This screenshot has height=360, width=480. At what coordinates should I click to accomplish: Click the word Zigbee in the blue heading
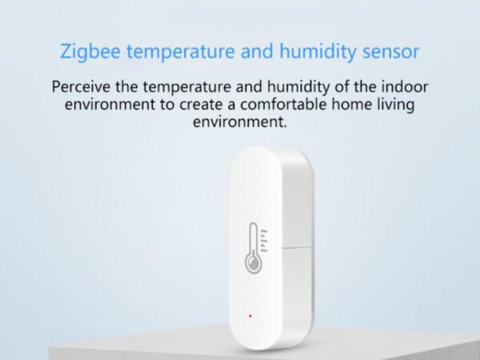[90, 51]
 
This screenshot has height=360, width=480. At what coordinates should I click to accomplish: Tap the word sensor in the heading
[391, 51]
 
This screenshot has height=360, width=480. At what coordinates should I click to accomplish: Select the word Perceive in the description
[81, 86]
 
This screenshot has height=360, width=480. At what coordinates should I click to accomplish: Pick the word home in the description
[351, 104]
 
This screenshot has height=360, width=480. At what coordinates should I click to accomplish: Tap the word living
[395, 106]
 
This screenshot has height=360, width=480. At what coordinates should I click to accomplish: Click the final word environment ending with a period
[240, 122]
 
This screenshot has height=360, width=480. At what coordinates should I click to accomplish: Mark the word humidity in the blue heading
[318, 51]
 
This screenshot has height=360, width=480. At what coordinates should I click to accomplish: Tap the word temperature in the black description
[187, 87]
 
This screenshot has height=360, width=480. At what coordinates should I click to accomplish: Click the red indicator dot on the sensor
[250, 316]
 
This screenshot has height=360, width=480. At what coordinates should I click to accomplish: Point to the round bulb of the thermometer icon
[253, 262]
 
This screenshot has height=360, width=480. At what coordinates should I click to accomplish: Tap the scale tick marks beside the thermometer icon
[264, 241]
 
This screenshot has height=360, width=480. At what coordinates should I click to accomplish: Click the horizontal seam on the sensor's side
[296, 247]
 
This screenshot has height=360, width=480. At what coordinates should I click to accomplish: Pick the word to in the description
[167, 105]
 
